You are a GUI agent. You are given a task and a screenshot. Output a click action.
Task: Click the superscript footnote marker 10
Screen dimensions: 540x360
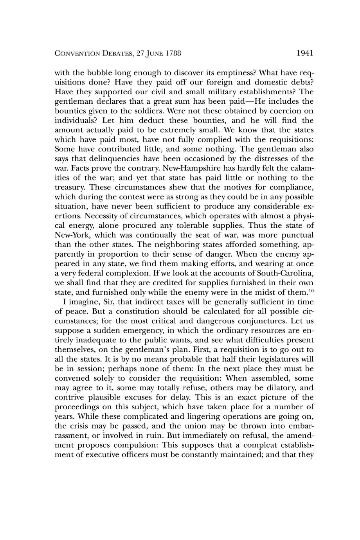click(311, 290)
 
